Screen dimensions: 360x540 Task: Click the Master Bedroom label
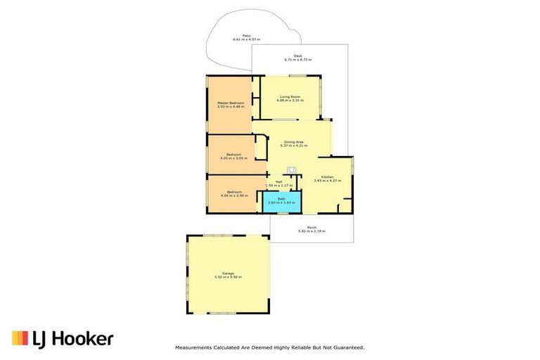click(x=231, y=103)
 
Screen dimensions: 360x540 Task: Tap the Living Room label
click(x=290, y=96)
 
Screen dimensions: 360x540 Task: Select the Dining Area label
click(x=294, y=141)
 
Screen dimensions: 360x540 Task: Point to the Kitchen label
click(x=327, y=177)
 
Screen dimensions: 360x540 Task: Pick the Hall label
click(x=278, y=181)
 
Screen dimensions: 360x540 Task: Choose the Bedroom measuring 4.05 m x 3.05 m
click(x=234, y=155)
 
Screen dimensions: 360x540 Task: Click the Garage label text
click(x=228, y=273)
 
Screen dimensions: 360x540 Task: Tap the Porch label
click(x=311, y=227)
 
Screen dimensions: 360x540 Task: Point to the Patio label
click(x=247, y=35)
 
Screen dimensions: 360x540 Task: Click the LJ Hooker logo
click(x=62, y=339)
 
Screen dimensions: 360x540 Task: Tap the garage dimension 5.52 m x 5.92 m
click(x=228, y=277)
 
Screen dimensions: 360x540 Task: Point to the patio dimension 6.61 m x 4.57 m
click(x=247, y=39)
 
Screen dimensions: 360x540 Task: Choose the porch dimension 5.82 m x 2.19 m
click(x=311, y=231)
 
